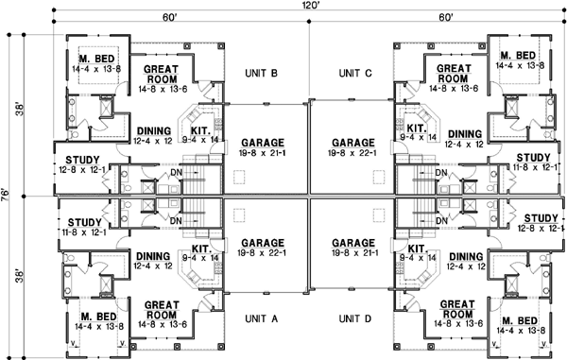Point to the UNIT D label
(x=357, y=318)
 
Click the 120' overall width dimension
(x=312, y=6)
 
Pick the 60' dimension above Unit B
(x=170, y=18)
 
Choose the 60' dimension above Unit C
(x=447, y=18)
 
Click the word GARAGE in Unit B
(x=256, y=141)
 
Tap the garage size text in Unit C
(x=358, y=152)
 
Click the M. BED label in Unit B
(x=95, y=57)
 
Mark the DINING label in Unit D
(x=465, y=256)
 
